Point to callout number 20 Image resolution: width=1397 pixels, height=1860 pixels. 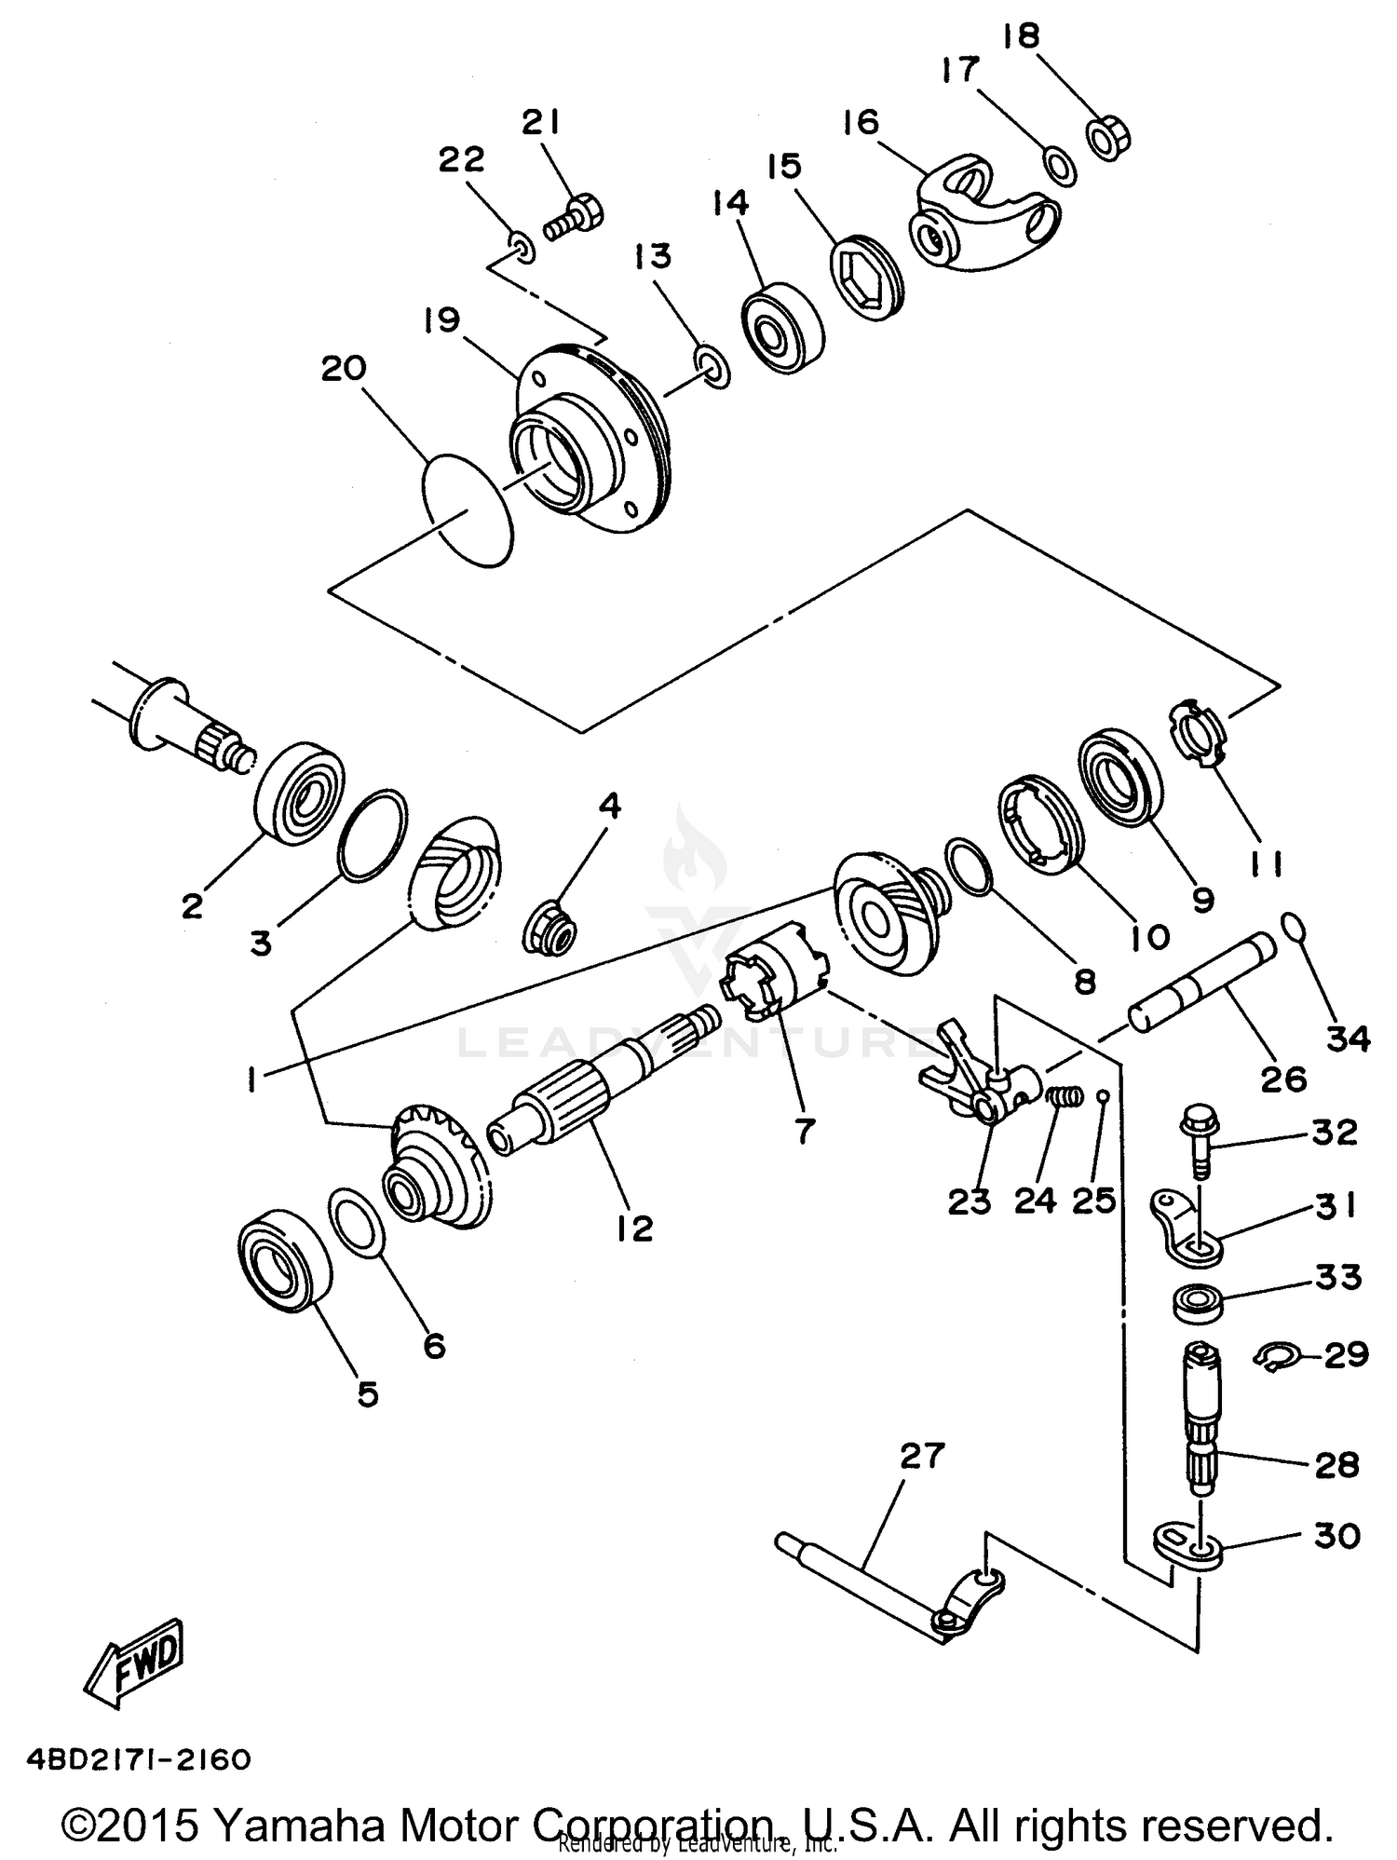click(344, 369)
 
